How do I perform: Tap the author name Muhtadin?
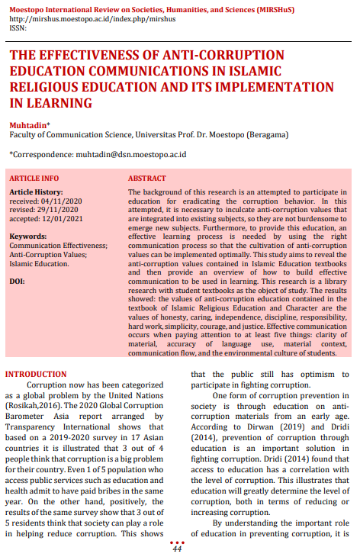pyautogui.click(x=27, y=124)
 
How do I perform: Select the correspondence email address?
pyautogui.click(x=130, y=154)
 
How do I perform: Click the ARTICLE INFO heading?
pyautogui.click(x=34, y=178)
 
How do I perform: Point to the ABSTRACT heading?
pyautogui.click(x=147, y=178)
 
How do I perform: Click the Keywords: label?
pyautogui.click(x=28, y=237)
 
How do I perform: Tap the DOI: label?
pyautogui.click(x=17, y=281)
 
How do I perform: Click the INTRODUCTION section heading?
pyautogui.click(x=36, y=375)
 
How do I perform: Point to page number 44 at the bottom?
pyautogui.click(x=177, y=549)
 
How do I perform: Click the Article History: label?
pyautogui.click(x=37, y=191)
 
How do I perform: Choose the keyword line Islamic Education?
pyautogui.click(x=39, y=263)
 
